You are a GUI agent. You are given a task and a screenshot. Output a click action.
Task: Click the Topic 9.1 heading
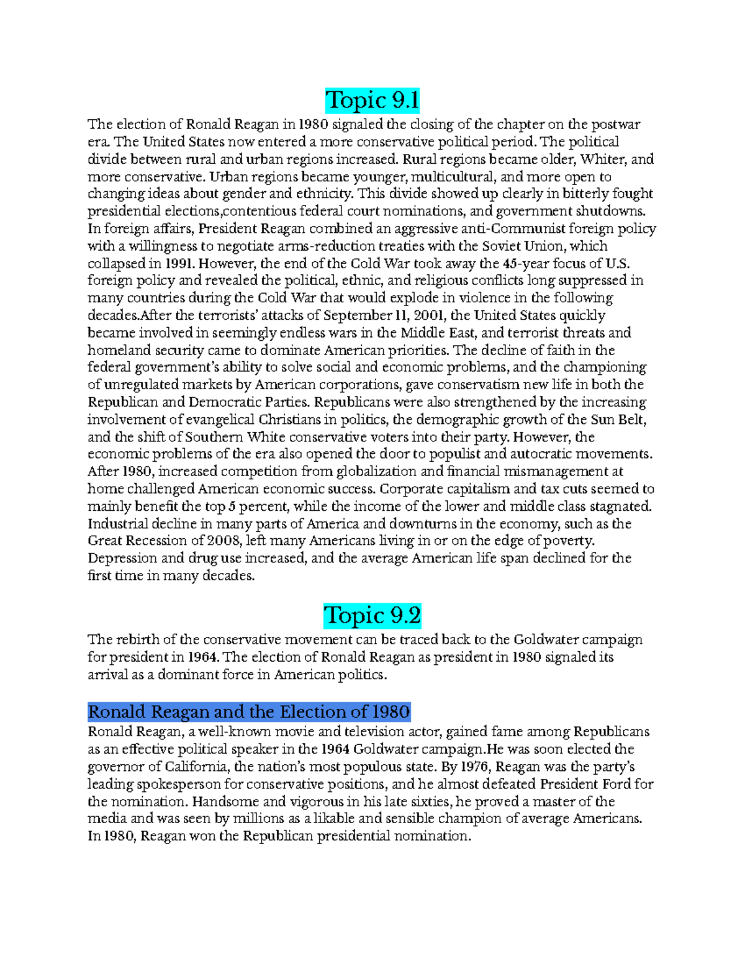[372, 101]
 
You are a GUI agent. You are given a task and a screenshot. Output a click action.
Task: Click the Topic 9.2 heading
[372, 616]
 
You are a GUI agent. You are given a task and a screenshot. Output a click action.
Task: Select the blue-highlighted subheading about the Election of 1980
[249, 711]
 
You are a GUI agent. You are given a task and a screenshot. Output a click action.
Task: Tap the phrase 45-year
[525, 263]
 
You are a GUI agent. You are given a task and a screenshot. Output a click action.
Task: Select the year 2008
[223, 541]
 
